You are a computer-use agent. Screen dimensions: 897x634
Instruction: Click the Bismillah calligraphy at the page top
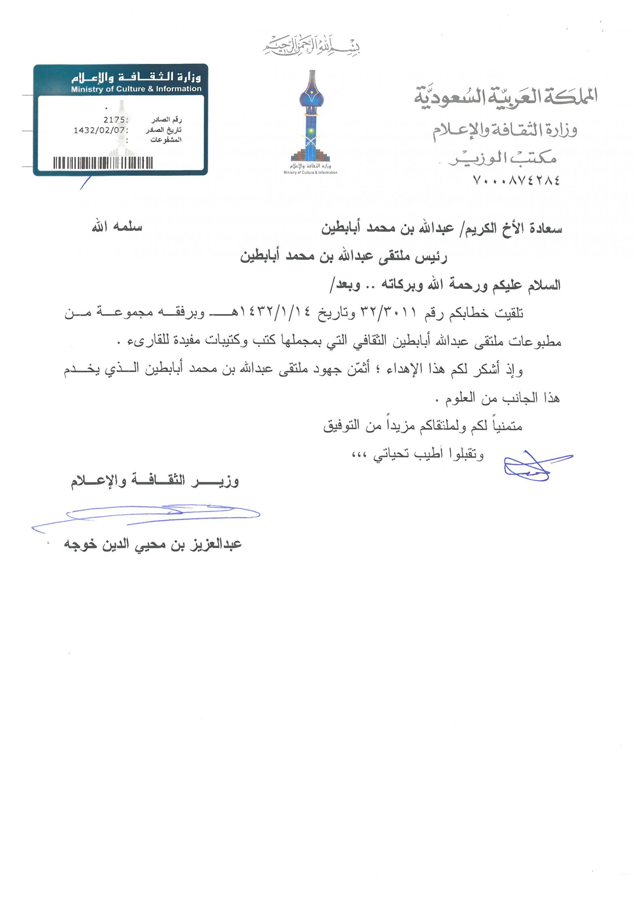[311, 46]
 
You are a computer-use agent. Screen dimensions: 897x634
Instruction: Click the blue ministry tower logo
[311, 117]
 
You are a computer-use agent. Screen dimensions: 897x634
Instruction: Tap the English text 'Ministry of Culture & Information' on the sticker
[136, 89]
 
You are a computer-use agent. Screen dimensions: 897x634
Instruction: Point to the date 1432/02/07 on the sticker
[100, 130]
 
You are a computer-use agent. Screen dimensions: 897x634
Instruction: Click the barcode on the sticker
[103, 163]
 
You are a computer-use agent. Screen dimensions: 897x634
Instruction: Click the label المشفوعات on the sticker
[166, 140]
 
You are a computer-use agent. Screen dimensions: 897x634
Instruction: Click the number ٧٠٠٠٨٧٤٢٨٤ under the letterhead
[516, 180]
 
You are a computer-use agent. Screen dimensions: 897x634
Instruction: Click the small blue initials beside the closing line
[534, 465]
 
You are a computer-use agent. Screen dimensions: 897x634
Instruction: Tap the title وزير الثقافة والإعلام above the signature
[155, 481]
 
